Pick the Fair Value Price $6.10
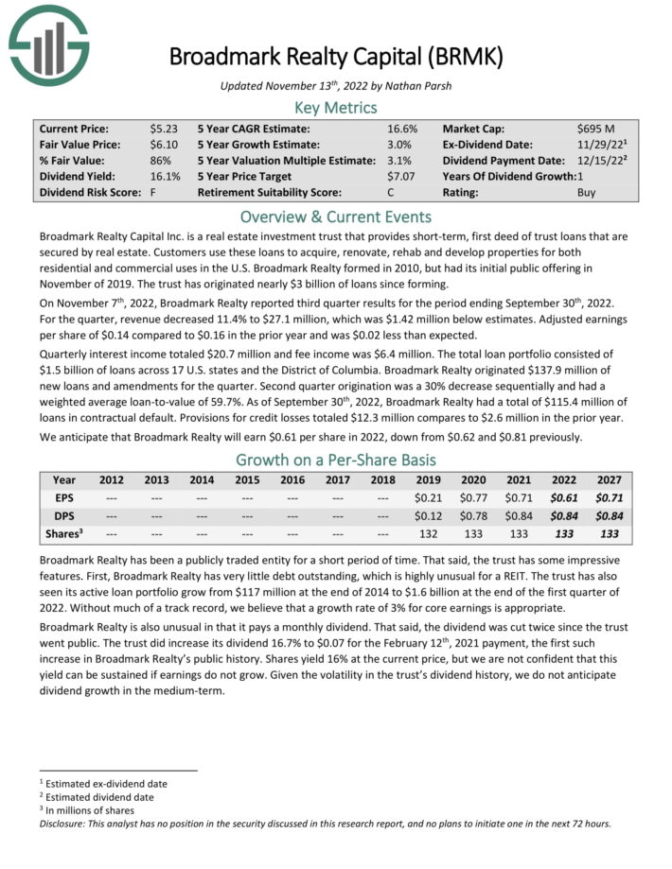click(163, 144)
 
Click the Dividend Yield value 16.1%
click(165, 175)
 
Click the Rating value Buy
click(587, 191)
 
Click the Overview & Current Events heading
click(335, 216)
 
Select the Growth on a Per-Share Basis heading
click(335, 461)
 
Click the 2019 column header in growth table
click(428, 479)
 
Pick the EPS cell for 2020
click(472, 497)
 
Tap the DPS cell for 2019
click(428, 515)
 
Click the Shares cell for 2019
click(428, 533)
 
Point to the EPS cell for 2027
click(610, 497)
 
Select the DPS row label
click(64, 515)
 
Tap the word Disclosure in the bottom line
click(65, 823)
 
